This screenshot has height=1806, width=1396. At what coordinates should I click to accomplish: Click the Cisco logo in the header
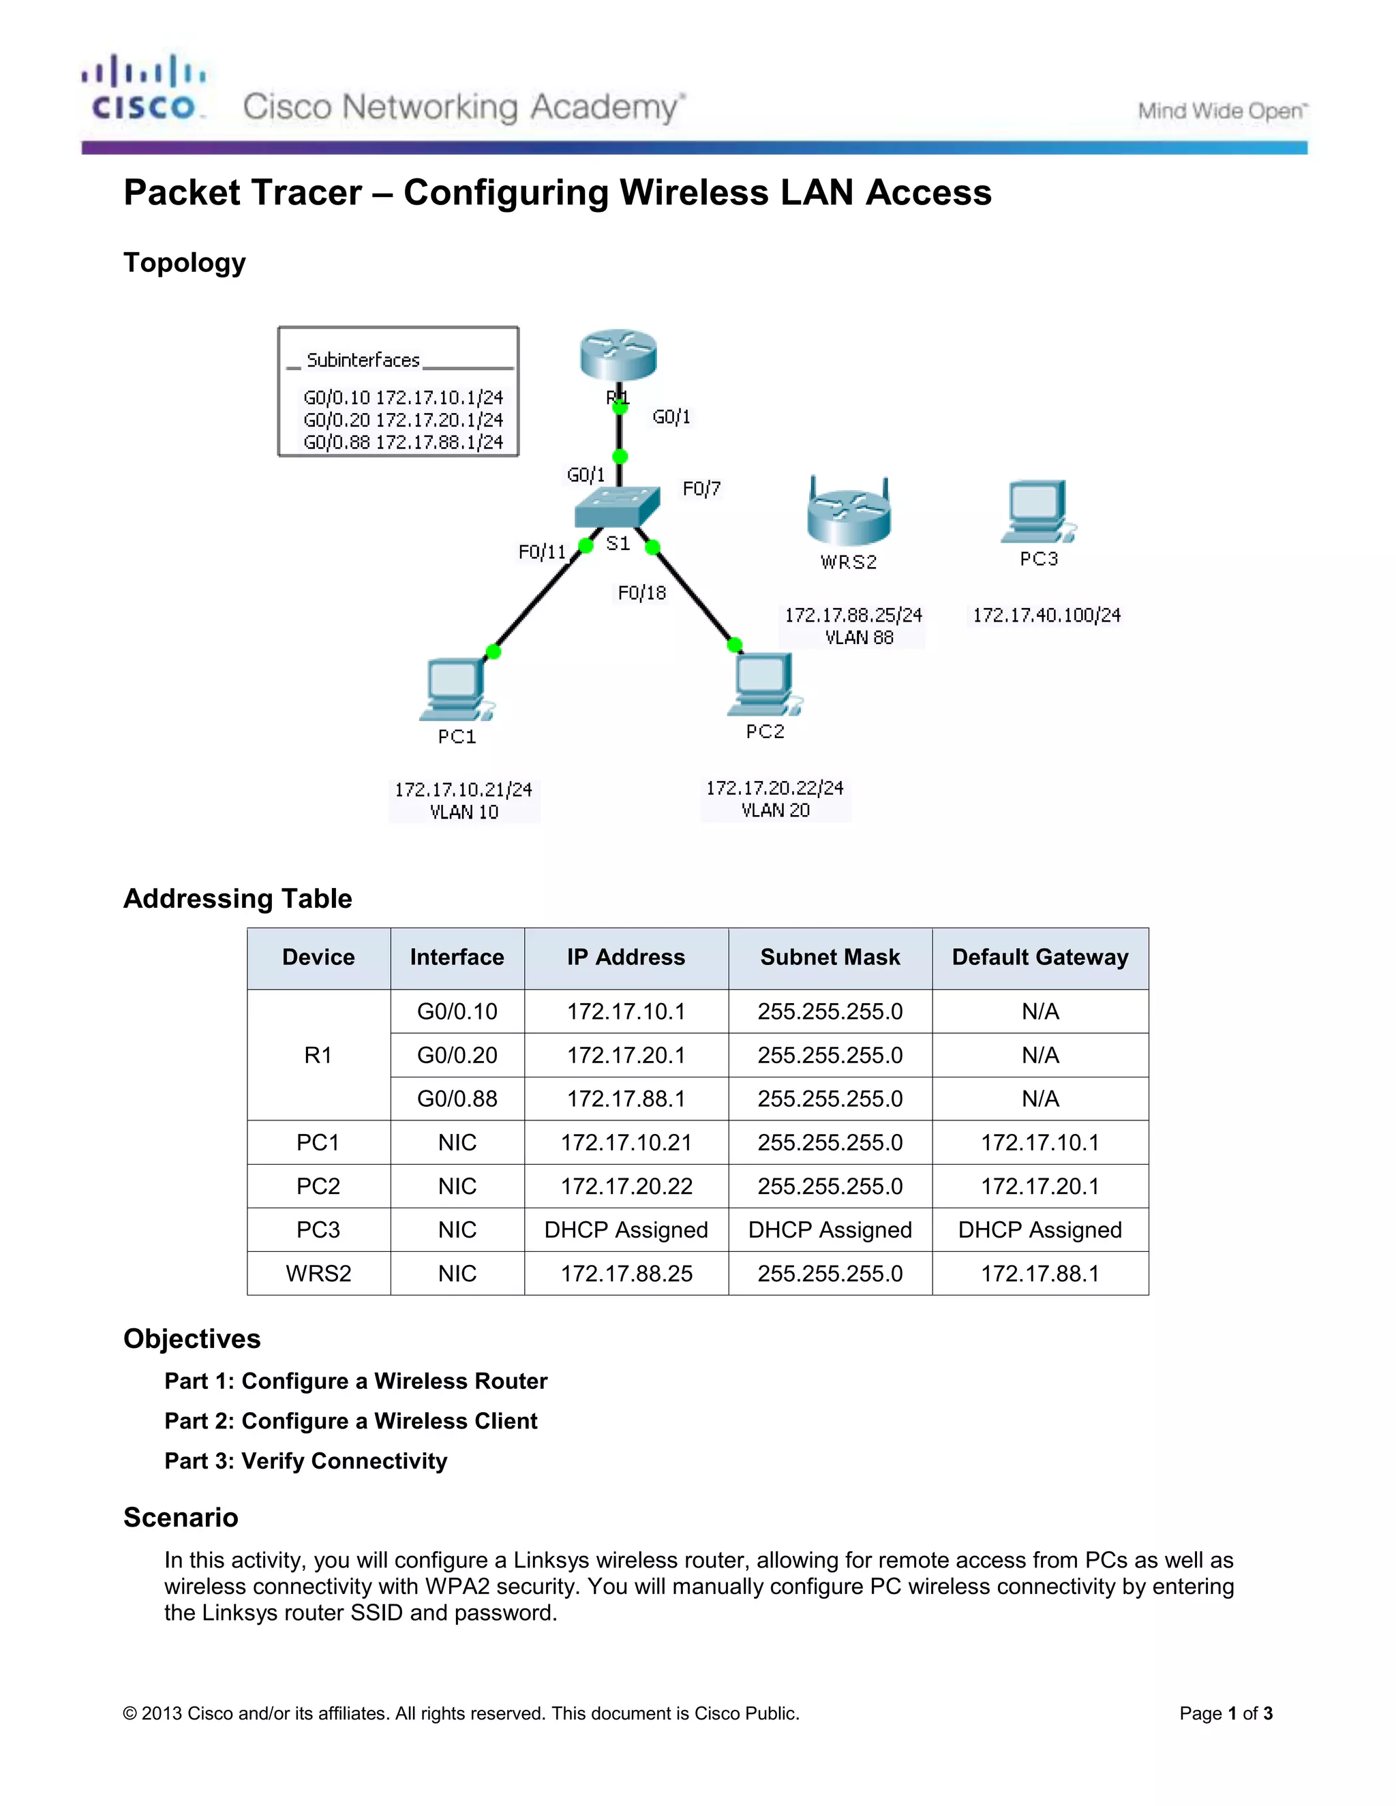point(143,89)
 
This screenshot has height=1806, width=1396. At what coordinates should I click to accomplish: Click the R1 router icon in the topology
point(619,355)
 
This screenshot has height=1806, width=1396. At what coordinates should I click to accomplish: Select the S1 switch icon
point(617,506)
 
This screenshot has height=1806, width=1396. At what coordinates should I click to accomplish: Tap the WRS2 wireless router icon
point(849,511)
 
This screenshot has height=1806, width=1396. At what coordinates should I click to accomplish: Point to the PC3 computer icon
point(1038,512)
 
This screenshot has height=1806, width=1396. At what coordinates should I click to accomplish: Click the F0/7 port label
point(701,489)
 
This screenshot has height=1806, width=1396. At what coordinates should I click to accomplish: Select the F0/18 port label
point(641,593)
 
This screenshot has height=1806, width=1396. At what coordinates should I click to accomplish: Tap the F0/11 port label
point(542,551)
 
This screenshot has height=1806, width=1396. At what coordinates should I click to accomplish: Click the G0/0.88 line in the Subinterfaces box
point(403,442)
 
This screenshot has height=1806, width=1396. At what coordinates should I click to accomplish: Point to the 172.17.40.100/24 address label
point(1046,615)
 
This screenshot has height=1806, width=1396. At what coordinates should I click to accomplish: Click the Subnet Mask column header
point(830,958)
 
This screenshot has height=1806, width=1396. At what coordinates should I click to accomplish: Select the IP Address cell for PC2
point(626,1187)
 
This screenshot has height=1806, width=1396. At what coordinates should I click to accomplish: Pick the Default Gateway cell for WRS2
point(1040,1274)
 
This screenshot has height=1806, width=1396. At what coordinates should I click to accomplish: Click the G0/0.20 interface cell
point(457,1055)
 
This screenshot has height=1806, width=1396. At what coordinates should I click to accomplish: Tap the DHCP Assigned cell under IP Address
point(626,1230)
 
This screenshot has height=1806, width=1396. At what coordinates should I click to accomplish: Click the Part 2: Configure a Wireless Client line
point(350,1421)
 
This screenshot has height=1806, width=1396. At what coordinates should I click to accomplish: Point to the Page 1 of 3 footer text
point(1225,1713)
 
